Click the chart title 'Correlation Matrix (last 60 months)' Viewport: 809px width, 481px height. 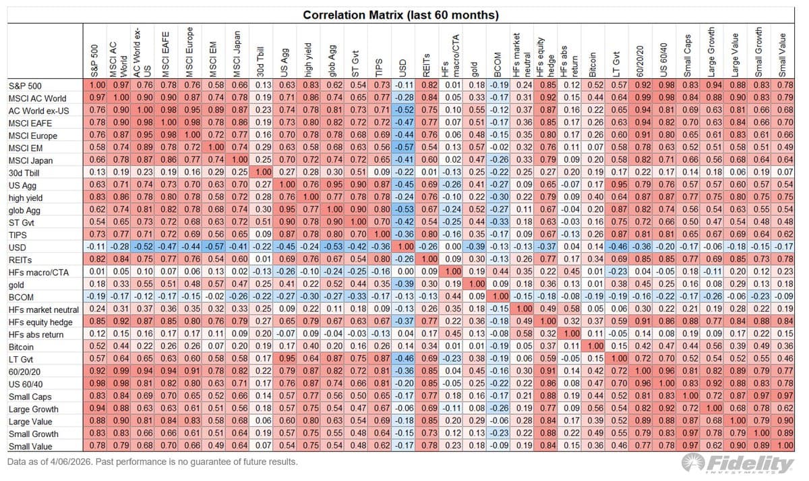click(400, 15)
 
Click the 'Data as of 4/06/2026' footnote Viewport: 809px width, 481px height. click(152, 462)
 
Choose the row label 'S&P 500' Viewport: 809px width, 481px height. click(25, 85)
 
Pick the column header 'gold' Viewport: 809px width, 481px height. click(475, 67)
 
